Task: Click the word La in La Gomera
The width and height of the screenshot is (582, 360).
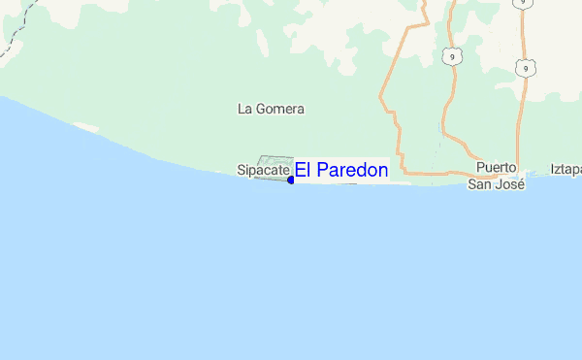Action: (244, 110)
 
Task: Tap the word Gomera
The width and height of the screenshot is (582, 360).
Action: (279, 110)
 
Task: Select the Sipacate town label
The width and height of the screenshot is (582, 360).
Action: (263, 171)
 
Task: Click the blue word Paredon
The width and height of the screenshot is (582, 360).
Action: (354, 171)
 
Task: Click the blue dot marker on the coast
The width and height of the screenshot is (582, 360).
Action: (291, 180)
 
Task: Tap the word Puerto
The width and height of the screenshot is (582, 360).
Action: (497, 168)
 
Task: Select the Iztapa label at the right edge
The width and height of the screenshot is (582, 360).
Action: (566, 169)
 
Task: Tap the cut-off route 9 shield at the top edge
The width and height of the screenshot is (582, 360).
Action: (523, 4)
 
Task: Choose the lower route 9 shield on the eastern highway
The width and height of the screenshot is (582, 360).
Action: (524, 68)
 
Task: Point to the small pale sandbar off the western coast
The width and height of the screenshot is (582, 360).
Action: (86, 127)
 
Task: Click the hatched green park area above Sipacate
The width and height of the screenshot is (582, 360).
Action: (275, 162)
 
